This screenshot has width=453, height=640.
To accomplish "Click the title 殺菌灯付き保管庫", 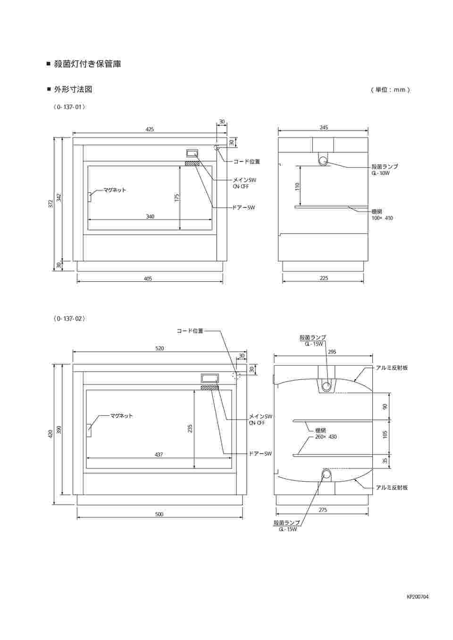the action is (87, 64).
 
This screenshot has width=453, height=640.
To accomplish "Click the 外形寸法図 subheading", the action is (73, 90).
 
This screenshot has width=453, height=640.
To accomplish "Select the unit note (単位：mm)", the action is (390, 90).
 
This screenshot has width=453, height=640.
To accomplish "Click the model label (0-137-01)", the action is (69, 107).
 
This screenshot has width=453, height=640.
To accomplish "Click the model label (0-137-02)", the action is (69, 319).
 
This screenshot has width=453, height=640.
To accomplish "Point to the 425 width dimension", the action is (150, 130).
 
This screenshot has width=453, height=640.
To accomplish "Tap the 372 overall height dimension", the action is (51, 204).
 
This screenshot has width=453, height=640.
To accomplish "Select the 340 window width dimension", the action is (150, 217).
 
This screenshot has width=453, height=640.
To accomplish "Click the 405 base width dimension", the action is (148, 279).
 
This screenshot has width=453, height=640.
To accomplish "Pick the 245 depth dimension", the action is (324, 127).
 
